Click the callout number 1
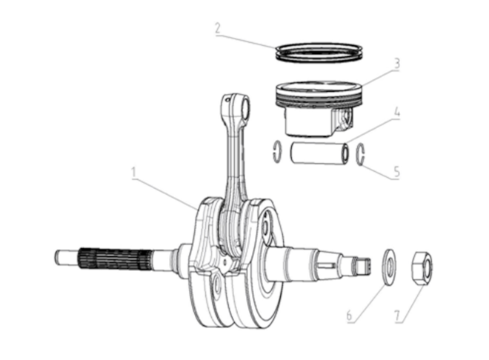click(134, 173)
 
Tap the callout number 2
click(218, 28)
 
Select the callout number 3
click(396, 64)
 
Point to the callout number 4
click(396, 112)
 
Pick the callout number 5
click(396, 172)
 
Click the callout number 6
click(349, 316)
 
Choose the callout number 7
click(397, 316)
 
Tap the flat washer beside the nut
click(389, 267)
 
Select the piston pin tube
click(319, 153)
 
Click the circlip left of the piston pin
click(277, 152)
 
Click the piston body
click(319, 109)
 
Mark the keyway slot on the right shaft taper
click(327, 265)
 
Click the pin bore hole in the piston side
click(345, 118)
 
